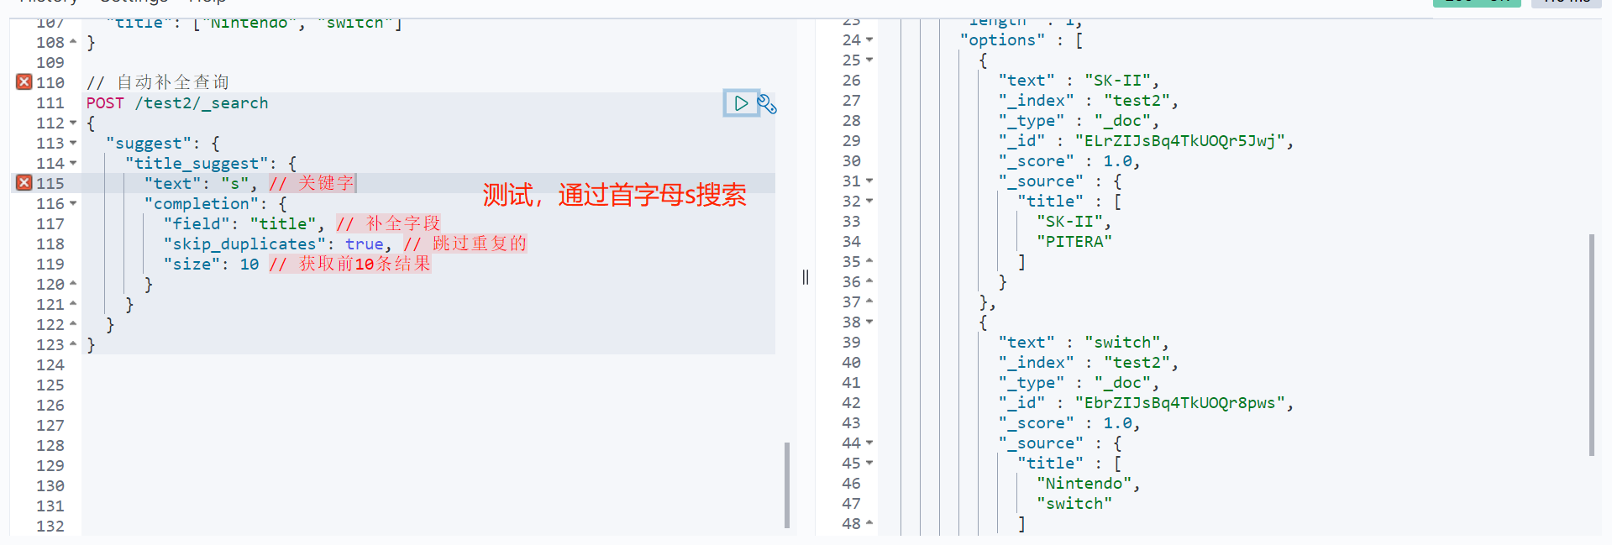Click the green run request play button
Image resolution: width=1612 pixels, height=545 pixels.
point(741,103)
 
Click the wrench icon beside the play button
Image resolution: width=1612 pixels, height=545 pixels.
point(767,104)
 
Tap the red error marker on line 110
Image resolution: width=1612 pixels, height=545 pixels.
point(24,82)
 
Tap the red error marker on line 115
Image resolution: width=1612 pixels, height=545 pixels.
point(24,183)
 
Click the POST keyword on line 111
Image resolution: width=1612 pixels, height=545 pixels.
point(105,103)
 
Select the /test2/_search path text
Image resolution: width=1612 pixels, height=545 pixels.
point(202,103)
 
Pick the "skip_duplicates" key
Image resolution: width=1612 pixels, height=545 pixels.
point(244,244)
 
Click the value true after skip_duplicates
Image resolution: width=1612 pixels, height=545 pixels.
point(364,244)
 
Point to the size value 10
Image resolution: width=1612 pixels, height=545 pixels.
point(249,265)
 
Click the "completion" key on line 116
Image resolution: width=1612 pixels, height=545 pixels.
point(202,204)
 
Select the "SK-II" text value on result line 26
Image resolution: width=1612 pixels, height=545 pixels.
point(1117,81)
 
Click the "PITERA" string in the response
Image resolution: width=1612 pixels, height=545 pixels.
point(1074,242)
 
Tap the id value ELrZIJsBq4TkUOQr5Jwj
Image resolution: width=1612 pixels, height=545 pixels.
point(1179,141)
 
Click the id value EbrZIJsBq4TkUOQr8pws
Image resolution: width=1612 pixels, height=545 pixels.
point(1179,403)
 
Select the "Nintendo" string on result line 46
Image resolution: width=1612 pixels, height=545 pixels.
point(1084,484)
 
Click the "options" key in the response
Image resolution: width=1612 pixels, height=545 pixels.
point(1002,40)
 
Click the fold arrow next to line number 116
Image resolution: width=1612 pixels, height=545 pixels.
point(73,204)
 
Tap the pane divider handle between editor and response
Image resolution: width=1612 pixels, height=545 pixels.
point(806,277)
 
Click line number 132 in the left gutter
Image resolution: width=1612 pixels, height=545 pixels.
point(50,527)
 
